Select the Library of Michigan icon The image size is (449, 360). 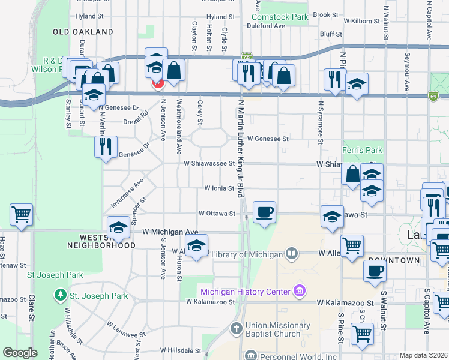292,254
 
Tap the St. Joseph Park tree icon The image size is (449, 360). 60,296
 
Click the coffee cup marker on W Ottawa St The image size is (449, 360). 264,212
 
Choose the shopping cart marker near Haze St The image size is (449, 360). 21,214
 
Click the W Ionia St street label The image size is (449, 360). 218,188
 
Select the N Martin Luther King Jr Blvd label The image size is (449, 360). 241,149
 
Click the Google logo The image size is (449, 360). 20,353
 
